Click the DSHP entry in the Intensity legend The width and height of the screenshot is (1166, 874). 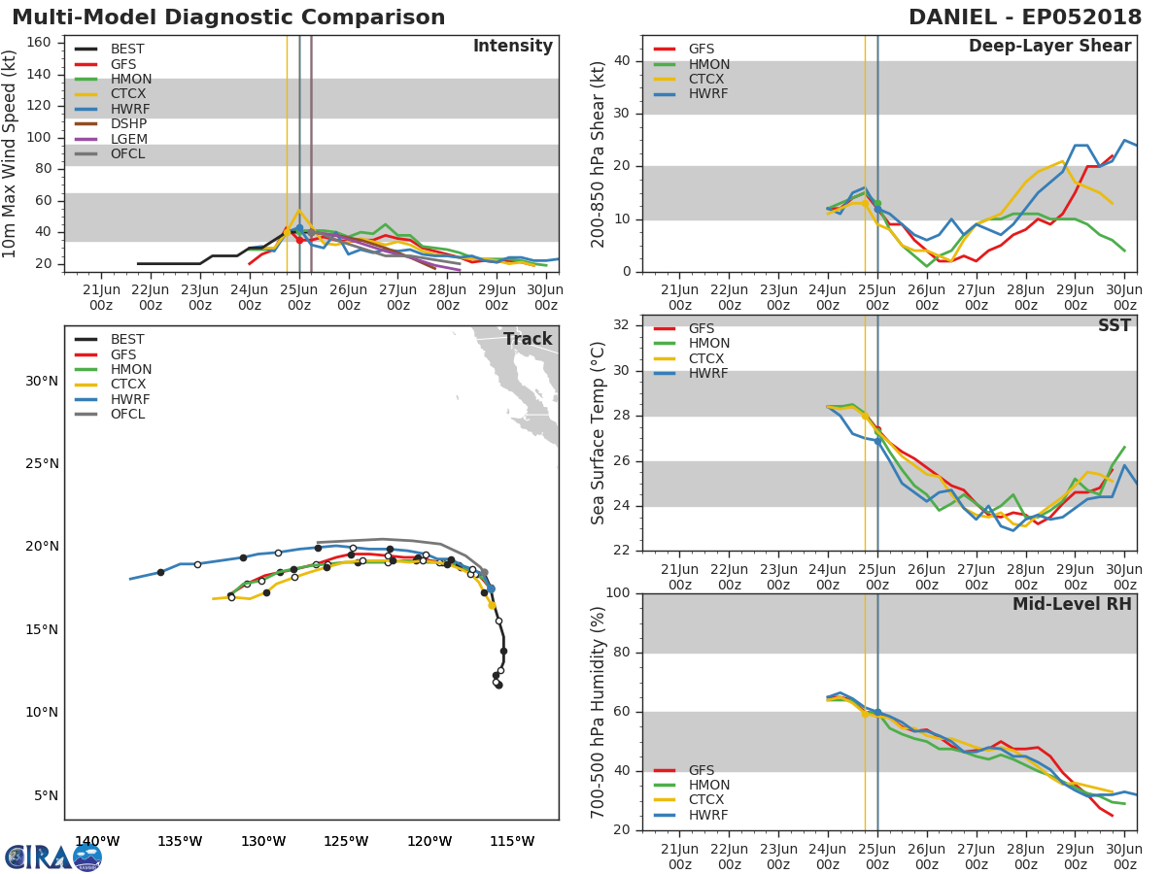pyautogui.click(x=128, y=123)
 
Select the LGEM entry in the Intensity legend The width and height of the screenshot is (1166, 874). pyautogui.click(x=128, y=139)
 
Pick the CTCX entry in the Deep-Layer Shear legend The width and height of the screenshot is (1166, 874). pyautogui.click(x=707, y=79)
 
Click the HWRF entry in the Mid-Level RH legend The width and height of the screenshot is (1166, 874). pyautogui.click(x=707, y=815)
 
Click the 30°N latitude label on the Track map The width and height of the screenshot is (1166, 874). pyautogui.click(x=42, y=381)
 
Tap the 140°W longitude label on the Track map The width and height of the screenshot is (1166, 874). pyautogui.click(x=97, y=841)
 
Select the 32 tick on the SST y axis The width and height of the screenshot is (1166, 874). pyautogui.click(x=624, y=325)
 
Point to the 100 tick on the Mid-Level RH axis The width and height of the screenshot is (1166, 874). pyautogui.click(x=619, y=593)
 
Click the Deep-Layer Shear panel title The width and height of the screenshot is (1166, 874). pyautogui.click(x=1049, y=47)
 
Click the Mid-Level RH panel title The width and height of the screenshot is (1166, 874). pyautogui.click(x=1071, y=604)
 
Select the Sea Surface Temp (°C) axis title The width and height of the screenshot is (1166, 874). pyautogui.click(x=599, y=433)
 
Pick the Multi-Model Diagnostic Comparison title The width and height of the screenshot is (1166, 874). pyautogui.click(x=228, y=17)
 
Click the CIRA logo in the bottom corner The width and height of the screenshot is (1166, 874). pyautogui.click(x=53, y=857)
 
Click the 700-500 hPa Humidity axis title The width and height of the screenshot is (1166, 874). pyautogui.click(x=599, y=712)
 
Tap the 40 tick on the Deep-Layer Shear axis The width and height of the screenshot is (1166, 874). pyautogui.click(x=624, y=61)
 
